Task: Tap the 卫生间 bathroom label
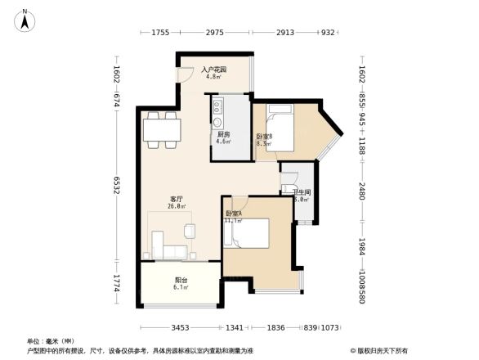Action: pyautogui.click(x=301, y=195)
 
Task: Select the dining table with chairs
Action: pyautogui.click(x=163, y=131)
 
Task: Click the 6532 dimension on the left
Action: pyautogui.click(x=117, y=187)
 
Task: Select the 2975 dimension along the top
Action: pyautogui.click(x=215, y=33)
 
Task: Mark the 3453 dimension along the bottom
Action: pyautogui.click(x=181, y=327)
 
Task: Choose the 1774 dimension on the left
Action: pyautogui.click(x=117, y=284)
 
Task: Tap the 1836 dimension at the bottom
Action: pyautogui.click(x=275, y=327)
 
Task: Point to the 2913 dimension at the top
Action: pyautogui.click(x=285, y=33)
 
